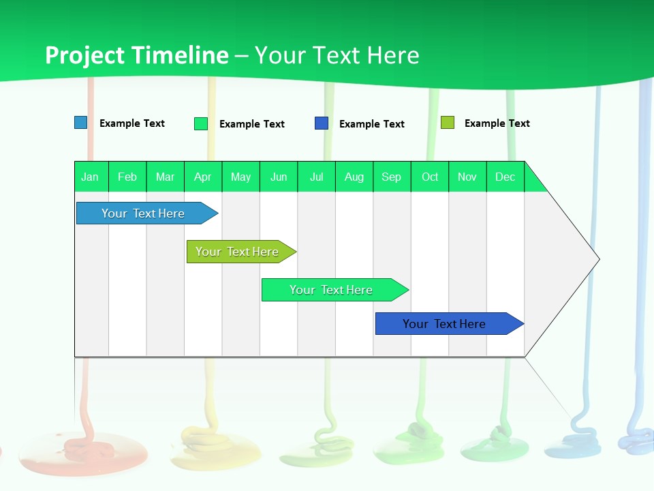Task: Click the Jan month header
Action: click(x=91, y=177)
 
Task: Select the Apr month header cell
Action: click(x=203, y=177)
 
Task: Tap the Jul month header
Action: click(x=316, y=177)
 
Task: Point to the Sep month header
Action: click(x=391, y=177)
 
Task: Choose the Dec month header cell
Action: click(x=505, y=177)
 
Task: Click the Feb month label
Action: click(x=127, y=177)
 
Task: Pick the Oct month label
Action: click(x=430, y=177)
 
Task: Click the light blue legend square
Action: click(x=81, y=123)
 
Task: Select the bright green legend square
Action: click(x=201, y=123)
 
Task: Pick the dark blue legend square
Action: click(x=322, y=123)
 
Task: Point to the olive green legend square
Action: click(x=448, y=123)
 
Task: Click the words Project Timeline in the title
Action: click(x=136, y=55)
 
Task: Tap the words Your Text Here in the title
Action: click(x=337, y=55)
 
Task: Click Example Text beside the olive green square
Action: click(x=497, y=123)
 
